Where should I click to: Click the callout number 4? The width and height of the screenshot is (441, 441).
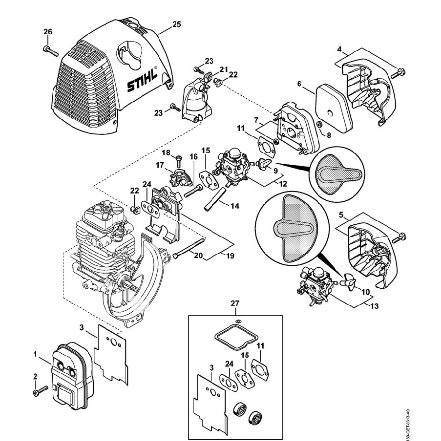pyautogui.click(x=339, y=48)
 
